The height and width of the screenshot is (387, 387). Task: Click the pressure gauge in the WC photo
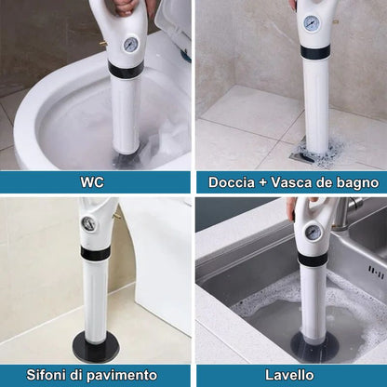131,45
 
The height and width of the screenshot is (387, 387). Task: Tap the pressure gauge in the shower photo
311,22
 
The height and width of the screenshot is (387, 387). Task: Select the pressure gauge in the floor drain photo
87,223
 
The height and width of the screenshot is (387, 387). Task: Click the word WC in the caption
92,182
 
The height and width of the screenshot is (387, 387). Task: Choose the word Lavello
289,375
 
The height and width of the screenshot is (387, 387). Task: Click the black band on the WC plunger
126,70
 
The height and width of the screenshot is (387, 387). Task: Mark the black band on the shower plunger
314,52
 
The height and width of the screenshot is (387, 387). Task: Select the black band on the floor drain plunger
95,254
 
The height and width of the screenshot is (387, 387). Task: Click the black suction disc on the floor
96,346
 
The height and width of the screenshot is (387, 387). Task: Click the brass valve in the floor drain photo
117,215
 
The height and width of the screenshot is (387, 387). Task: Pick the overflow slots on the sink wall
376,271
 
